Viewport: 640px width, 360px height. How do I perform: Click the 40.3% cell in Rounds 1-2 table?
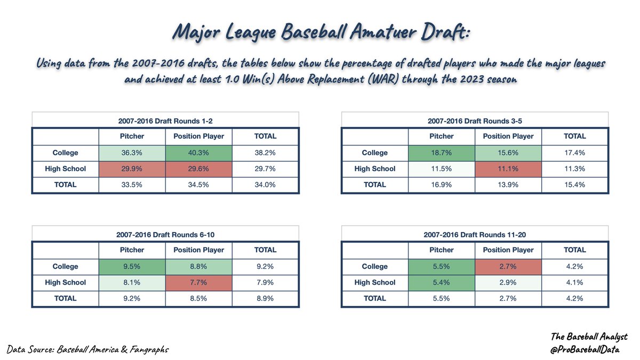click(198, 153)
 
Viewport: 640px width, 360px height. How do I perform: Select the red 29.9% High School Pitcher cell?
click(132, 169)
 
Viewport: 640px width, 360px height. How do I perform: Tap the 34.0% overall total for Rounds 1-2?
click(265, 185)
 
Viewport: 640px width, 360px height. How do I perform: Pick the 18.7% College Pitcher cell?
click(441, 153)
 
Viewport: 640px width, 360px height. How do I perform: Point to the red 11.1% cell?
click(508, 169)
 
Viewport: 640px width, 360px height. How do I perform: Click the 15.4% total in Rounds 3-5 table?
click(574, 185)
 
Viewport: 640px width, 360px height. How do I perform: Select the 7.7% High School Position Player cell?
click(198, 282)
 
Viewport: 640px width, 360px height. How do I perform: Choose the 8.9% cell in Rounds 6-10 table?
click(265, 298)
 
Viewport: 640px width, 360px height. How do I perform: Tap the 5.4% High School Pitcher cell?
click(441, 282)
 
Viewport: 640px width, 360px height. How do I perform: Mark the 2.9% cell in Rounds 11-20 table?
click(508, 282)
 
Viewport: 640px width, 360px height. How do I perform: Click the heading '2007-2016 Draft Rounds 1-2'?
click(165, 121)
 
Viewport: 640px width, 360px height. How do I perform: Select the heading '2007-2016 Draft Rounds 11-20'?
click(474, 234)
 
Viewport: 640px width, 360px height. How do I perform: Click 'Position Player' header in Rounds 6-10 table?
click(198, 250)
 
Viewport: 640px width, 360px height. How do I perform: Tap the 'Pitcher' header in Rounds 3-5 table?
click(441, 136)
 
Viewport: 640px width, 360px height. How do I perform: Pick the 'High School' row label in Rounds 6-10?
click(66, 282)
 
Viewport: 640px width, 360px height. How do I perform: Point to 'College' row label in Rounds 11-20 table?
click(374, 266)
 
